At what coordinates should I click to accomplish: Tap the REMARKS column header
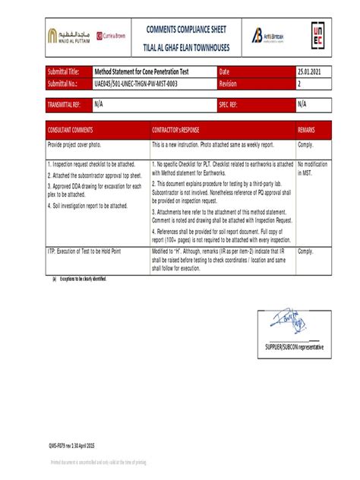click(x=306, y=131)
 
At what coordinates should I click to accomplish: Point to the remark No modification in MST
click(x=311, y=168)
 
